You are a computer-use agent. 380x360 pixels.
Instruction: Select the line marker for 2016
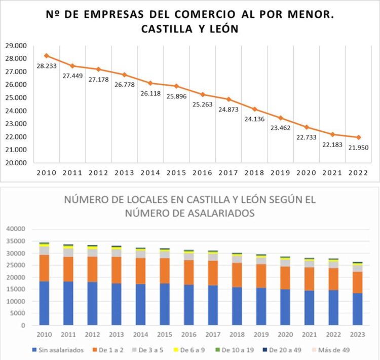point(203,94)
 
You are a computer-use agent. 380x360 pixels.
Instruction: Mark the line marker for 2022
point(359,137)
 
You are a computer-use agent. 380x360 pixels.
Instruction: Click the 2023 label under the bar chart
point(357,334)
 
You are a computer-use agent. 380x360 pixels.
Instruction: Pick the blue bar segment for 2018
point(237,306)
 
